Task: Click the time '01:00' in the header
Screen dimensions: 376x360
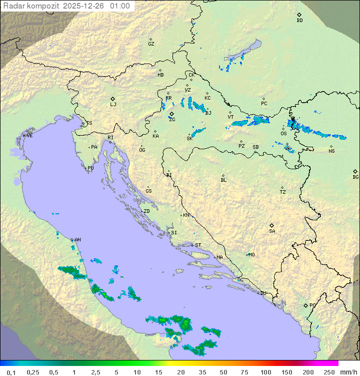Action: pyautogui.click(x=119, y=6)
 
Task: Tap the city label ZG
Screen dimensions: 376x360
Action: pyautogui.click(x=172, y=120)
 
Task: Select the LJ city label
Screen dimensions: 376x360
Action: pyautogui.click(x=113, y=105)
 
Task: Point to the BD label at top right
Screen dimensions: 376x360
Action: pyautogui.click(x=299, y=21)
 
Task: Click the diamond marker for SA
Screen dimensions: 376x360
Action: pyautogui.click(x=272, y=225)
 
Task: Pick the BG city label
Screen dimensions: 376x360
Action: pyautogui.click(x=355, y=177)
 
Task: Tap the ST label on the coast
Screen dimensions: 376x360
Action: pyautogui.click(x=198, y=245)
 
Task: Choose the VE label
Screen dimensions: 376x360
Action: pyautogui.click(x=29, y=136)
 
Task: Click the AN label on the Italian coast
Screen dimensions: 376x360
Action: pyautogui.click(x=77, y=240)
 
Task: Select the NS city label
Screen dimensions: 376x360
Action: pyautogui.click(x=331, y=151)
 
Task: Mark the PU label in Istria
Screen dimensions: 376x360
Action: pyautogui.click(x=90, y=168)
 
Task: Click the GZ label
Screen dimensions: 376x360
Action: pyautogui.click(x=151, y=44)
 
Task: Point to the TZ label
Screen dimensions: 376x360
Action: pyautogui.click(x=283, y=192)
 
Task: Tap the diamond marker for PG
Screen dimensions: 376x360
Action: pyautogui.click(x=306, y=305)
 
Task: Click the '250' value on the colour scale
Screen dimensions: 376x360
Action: pyautogui.click(x=329, y=372)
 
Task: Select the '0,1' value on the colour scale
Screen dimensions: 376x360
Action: pyautogui.click(x=11, y=372)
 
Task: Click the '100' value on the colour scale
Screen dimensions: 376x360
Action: pyautogui.click(x=265, y=372)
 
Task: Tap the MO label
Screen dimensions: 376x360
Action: pyautogui.click(x=251, y=255)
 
